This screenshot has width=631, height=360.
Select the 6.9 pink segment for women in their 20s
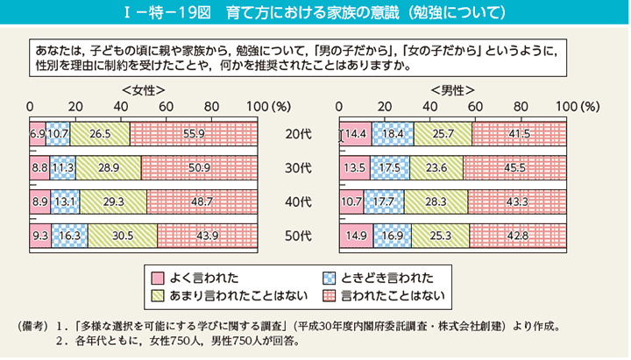[x=38, y=134]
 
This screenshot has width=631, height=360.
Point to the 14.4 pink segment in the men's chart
[x=356, y=134]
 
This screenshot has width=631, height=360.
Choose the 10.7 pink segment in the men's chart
[x=351, y=201]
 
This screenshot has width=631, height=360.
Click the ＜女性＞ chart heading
[x=143, y=90]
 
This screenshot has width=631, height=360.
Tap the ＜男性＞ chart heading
[x=452, y=90]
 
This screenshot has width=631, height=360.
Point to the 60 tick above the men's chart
[x=475, y=107]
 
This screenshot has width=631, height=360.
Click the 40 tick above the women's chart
[x=120, y=107]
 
